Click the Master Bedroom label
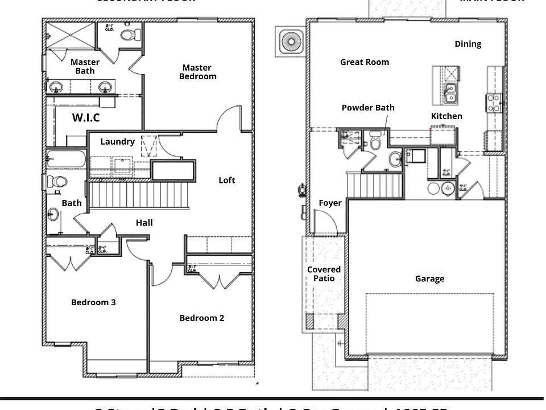pyautogui.click(x=197, y=72)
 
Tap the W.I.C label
pyautogui.click(x=86, y=118)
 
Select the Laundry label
pyautogui.click(x=117, y=142)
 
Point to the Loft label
pyautogui.click(x=227, y=180)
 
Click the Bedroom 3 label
pyautogui.click(x=93, y=302)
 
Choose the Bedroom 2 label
pyautogui.click(x=201, y=318)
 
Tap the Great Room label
pyautogui.click(x=365, y=62)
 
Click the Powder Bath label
pyautogui.click(x=368, y=108)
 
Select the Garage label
pyautogui.click(x=429, y=278)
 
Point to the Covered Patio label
pyautogui.click(x=324, y=274)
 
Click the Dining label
pyautogui.click(x=468, y=44)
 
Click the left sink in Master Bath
pyautogui.click(x=56, y=87)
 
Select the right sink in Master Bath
pyautogui.click(x=105, y=87)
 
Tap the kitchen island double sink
pyautogui.click(x=449, y=93)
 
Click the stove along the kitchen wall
pyautogui.click(x=493, y=103)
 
